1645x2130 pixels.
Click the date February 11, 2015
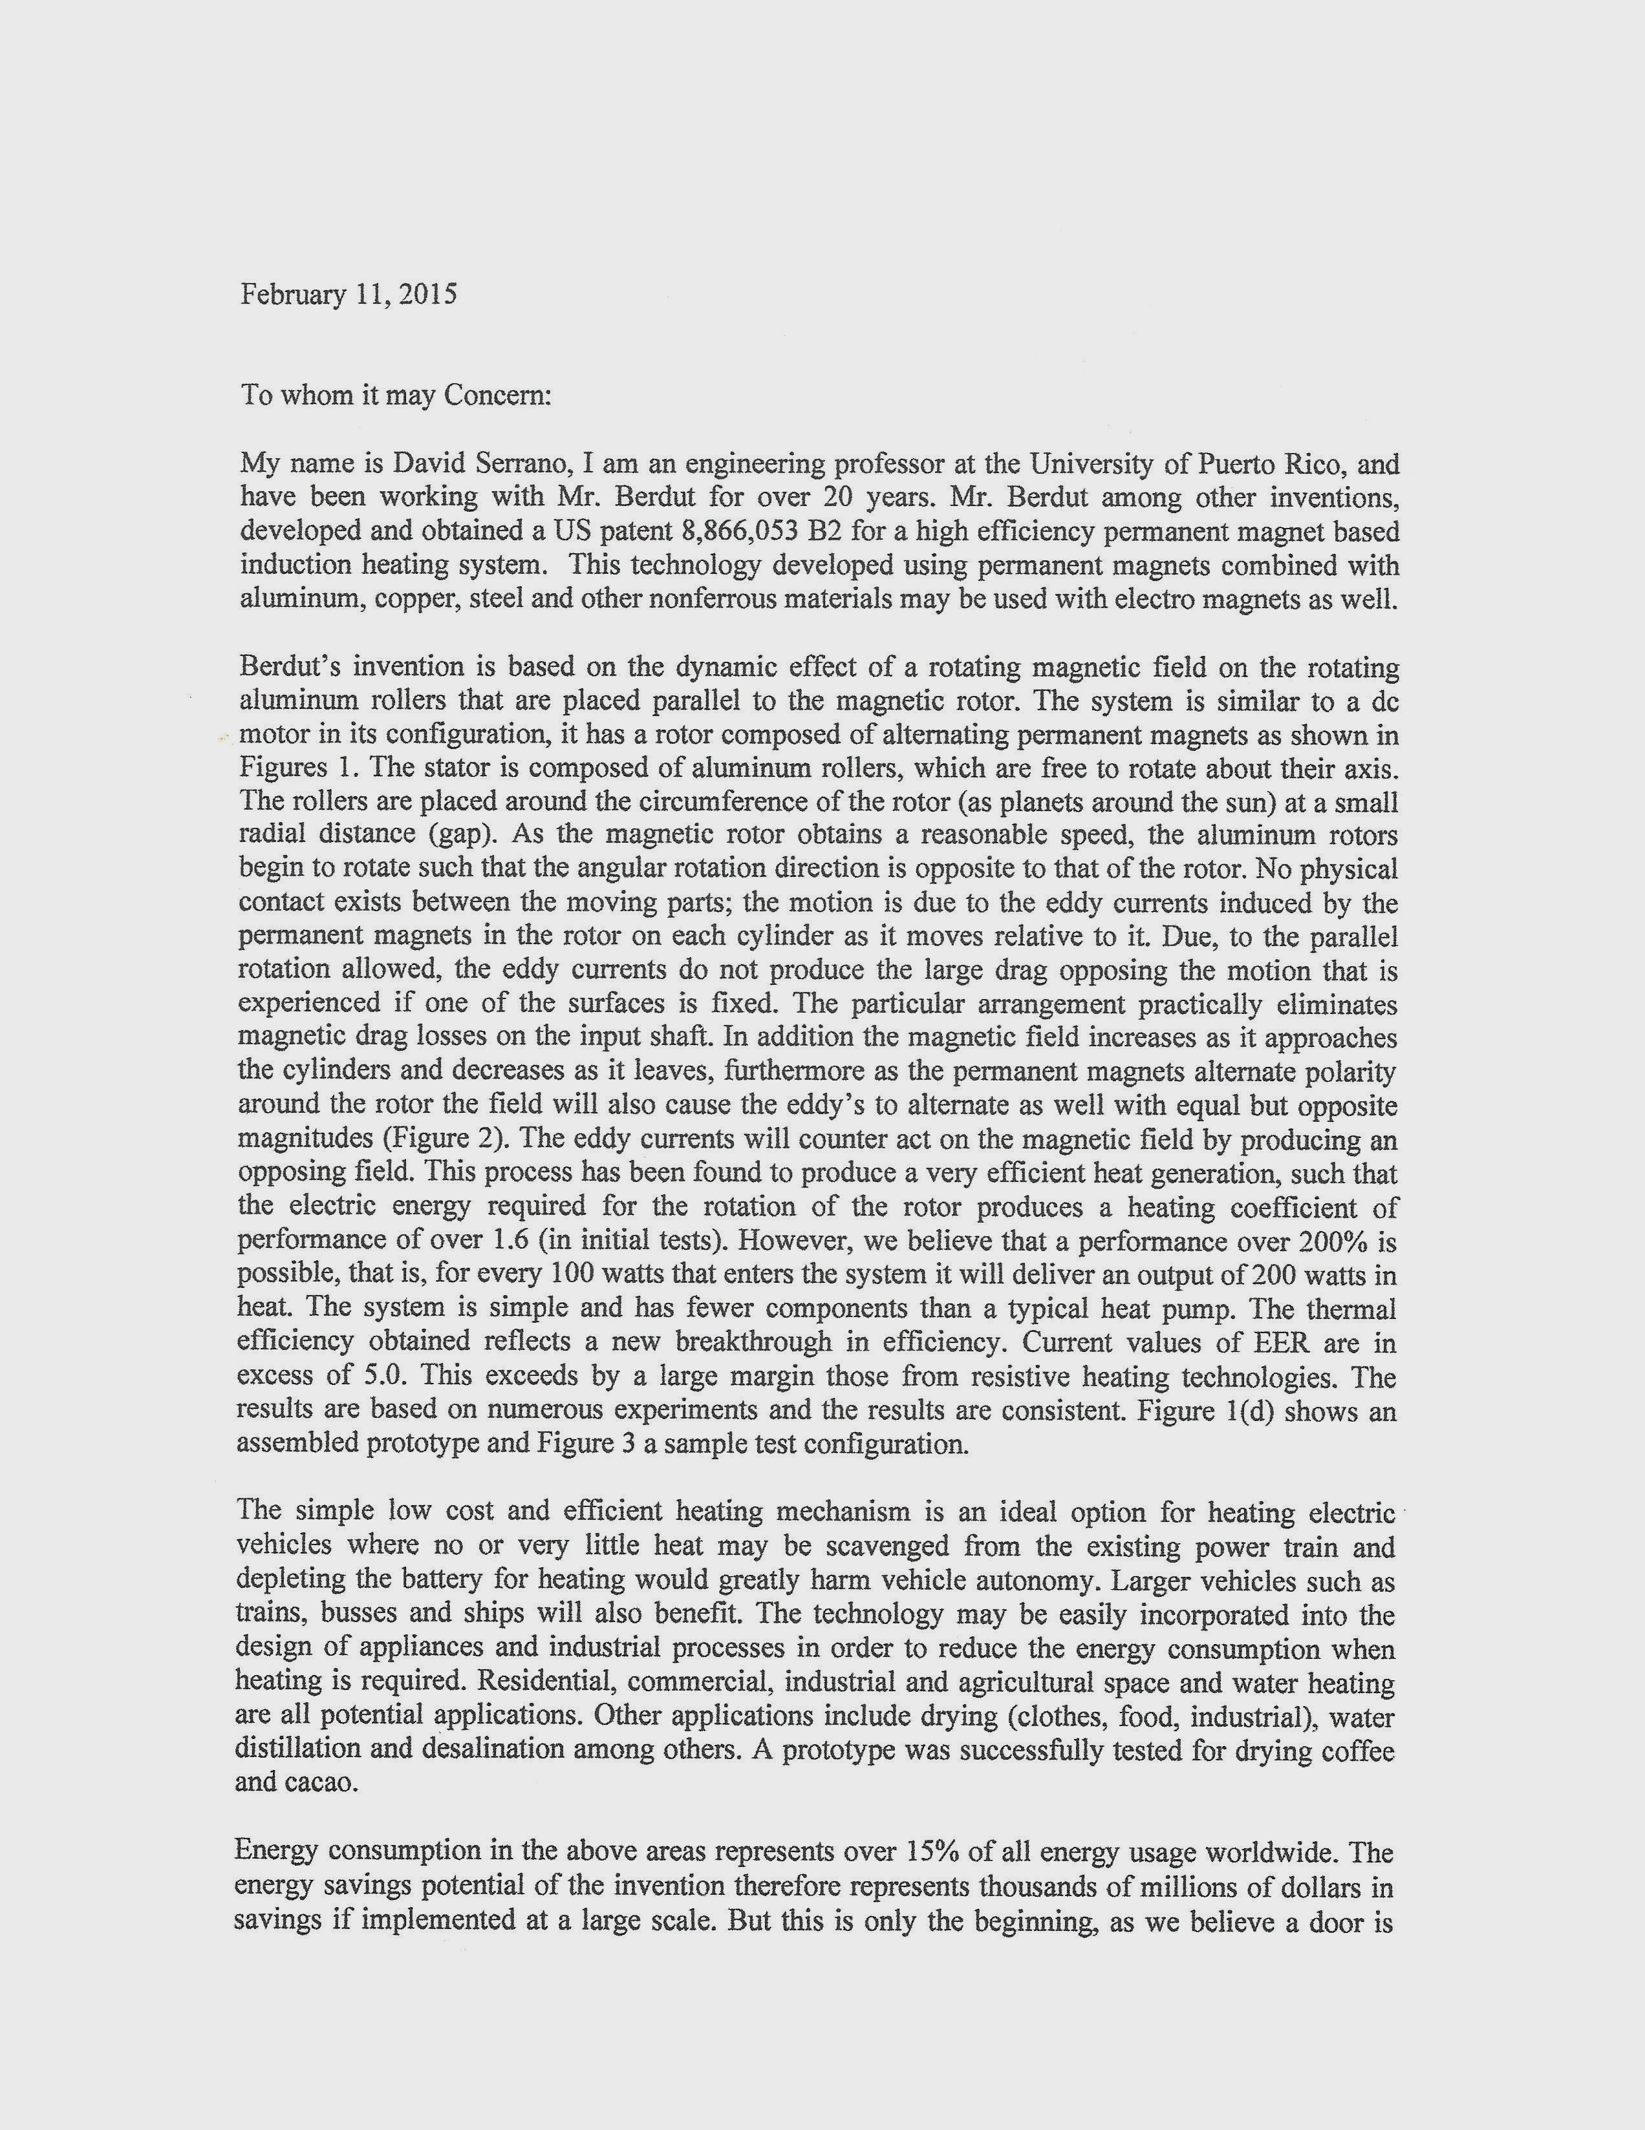pos(349,295)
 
